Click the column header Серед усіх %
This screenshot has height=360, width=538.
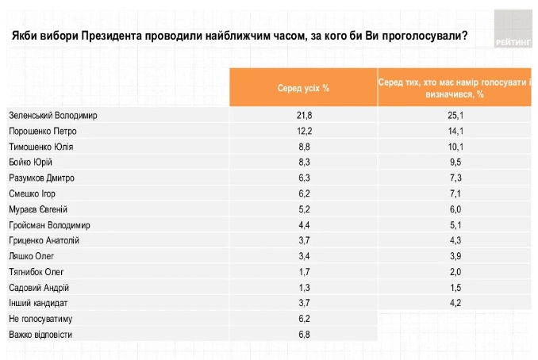(303, 88)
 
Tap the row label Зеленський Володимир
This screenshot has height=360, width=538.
(52, 115)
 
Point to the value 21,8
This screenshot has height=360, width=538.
(304, 115)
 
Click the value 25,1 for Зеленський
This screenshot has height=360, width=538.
(455, 115)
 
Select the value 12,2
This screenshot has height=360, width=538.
(304, 131)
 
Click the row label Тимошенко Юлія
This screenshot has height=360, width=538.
(43, 147)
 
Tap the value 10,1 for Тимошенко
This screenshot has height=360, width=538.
(455, 147)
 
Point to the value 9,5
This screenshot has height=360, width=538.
(455, 162)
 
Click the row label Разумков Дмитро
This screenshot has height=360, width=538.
(41, 178)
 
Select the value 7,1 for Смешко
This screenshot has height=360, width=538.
(455, 193)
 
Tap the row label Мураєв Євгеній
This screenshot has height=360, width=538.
(39, 209)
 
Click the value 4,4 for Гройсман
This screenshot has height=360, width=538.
(304, 224)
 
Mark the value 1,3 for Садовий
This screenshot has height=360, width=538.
(304, 287)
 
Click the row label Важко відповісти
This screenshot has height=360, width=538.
(40, 335)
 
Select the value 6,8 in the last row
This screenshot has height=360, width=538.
(304, 335)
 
